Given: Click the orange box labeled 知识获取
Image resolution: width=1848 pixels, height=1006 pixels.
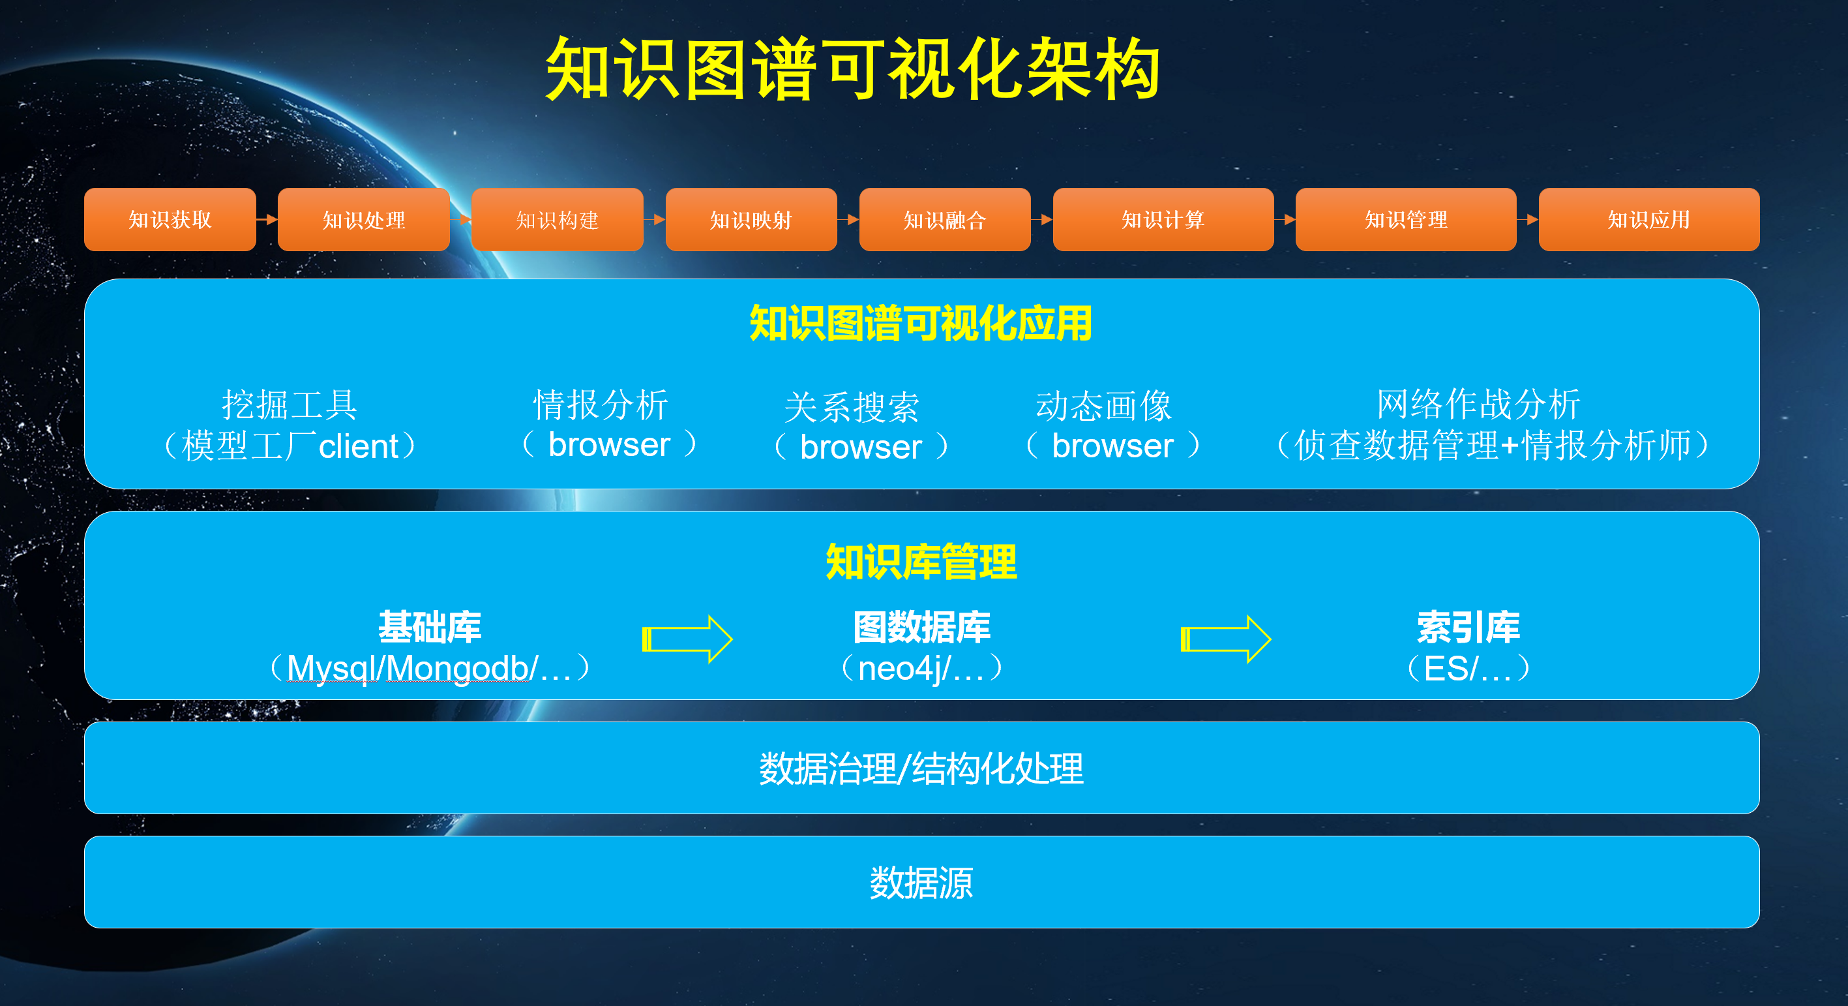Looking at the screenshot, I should click(x=170, y=220).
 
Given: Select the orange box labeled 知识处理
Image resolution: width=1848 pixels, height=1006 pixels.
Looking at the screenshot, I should click(x=364, y=220).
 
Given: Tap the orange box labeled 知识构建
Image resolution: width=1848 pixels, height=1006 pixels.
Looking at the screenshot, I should click(x=558, y=220).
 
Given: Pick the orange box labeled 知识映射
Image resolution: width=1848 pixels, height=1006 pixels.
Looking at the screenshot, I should click(x=751, y=220).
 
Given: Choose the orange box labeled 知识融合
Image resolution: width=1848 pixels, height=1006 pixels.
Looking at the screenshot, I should click(x=945, y=220).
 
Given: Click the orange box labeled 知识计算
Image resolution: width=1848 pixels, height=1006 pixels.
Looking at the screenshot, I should click(x=1163, y=220).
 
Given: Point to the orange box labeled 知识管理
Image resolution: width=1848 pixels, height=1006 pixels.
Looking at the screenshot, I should click(x=1406, y=220).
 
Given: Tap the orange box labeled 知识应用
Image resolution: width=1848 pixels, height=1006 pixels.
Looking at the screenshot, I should click(x=1648, y=220).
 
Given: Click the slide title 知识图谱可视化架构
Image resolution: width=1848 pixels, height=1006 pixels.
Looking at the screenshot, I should click(x=852, y=70).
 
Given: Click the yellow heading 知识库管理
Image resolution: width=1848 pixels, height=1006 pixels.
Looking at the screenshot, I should click(x=921, y=562).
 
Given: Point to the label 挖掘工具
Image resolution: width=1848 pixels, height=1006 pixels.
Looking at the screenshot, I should click(x=290, y=404).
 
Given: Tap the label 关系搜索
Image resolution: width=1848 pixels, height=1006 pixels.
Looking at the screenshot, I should click(x=852, y=408).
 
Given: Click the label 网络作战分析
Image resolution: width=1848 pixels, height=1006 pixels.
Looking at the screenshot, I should click(x=1478, y=404).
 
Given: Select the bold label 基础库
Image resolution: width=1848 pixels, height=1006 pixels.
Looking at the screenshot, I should click(x=430, y=627).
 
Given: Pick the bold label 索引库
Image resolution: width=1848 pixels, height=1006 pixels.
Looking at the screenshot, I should click(x=1468, y=627).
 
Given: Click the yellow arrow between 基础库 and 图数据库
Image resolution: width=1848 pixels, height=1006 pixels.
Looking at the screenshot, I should click(x=687, y=639).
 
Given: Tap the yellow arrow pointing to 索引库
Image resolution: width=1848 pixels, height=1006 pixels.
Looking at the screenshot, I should click(x=1225, y=639).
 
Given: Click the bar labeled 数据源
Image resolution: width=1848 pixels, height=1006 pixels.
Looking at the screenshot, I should click(x=921, y=882).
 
